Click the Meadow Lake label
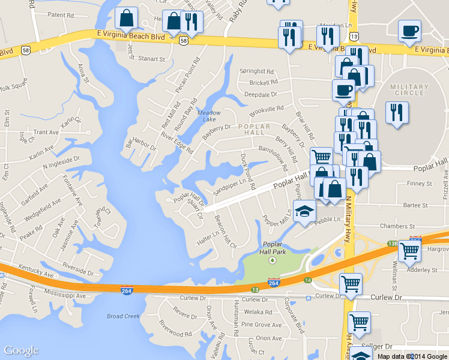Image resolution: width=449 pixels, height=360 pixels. click(x=209, y=116)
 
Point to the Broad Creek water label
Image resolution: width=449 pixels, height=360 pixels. click(x=123, y=316)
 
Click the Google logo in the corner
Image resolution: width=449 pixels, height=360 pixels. click(x=21, y=351)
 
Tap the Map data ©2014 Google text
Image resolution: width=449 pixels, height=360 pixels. click(x=412, y=356)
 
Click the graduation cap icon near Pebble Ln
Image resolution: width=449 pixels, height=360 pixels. click(x=304, y=212)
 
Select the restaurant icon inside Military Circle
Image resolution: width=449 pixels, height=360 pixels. click(x=397, y=112)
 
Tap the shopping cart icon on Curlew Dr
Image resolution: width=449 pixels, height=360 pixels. click(x=351, y=283)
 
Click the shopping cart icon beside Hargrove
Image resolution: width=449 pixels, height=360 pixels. click(x=411, y=250)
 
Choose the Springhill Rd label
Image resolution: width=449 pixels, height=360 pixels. click(x=257, y=71)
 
